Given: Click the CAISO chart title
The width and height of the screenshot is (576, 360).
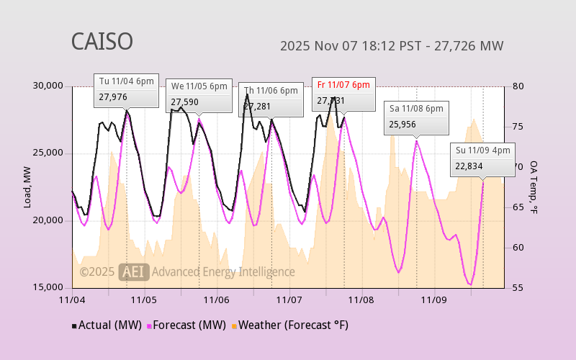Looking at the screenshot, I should pos(102,42).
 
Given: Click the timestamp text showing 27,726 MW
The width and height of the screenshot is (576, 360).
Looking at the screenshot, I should pos(391,46).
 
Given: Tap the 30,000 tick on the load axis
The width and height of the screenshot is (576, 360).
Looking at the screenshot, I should pos(48,86).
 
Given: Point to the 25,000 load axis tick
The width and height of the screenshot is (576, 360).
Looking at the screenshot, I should pos(48,153).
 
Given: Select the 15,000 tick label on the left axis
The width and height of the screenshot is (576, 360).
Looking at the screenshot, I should pos(48,287).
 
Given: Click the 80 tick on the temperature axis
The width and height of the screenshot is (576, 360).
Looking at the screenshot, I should pos(518,86).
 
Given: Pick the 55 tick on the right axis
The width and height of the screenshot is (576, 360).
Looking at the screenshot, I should pos(518,287).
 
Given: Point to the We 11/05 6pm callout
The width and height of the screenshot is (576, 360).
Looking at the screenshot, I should pos(199,94).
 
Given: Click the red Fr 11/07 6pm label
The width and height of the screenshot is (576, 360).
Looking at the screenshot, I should pos(343,85).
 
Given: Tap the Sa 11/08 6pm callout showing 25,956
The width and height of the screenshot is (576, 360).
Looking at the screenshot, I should pos(416,117).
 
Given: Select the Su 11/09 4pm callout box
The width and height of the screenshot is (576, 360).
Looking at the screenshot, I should pos(482,158).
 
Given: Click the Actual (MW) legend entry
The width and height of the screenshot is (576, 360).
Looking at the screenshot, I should pos(107,325).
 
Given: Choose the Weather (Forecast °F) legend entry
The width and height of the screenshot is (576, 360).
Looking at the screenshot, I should pos(289,325).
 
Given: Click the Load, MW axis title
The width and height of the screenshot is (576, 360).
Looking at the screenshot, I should pos(28,187).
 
